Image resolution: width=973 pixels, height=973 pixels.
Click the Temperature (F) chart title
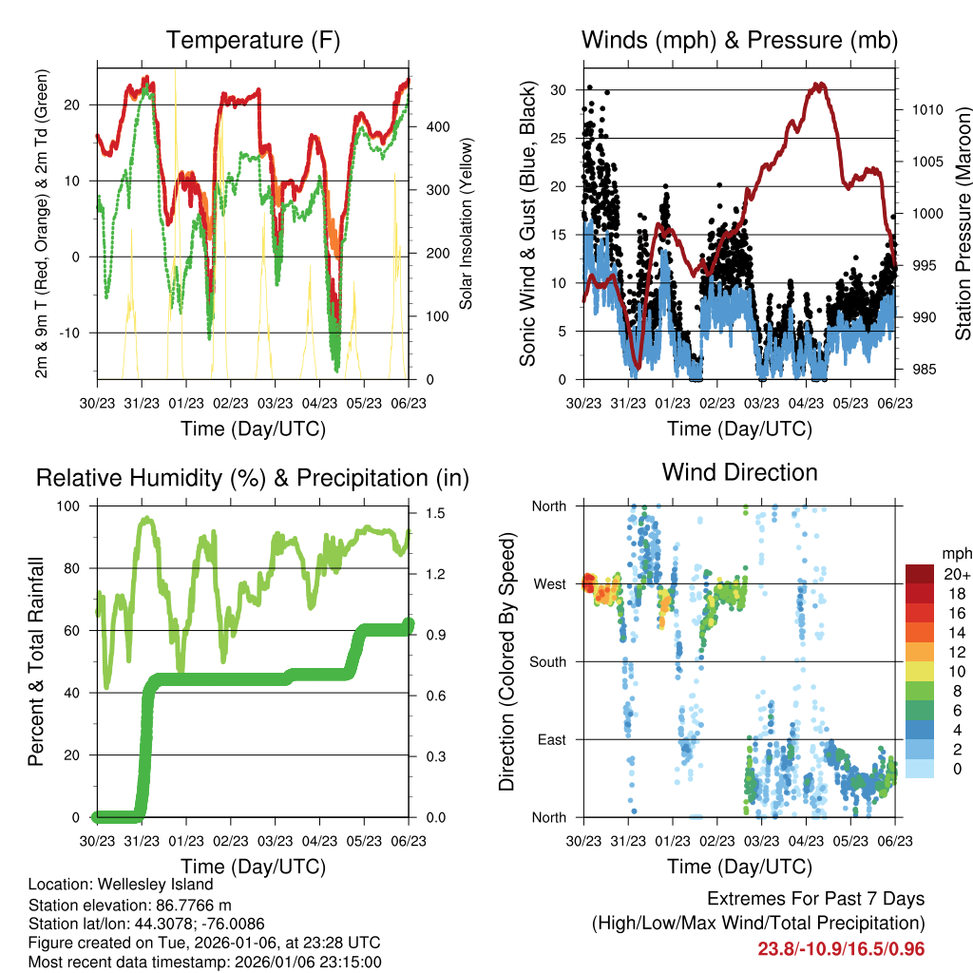(x=253, y=40)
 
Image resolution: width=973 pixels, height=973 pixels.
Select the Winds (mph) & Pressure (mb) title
(x=739, y=40)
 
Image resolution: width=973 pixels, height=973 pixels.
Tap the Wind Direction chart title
(x=739, y=472)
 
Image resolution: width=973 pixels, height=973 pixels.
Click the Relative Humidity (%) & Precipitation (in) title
(x=253, y=478)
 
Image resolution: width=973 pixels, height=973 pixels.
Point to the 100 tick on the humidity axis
(x=74, y=506)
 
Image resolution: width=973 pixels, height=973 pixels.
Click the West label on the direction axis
(x=549, y=583)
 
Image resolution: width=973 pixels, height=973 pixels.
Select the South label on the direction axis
(x=547, y=661)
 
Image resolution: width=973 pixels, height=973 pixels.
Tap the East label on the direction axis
(x=550, y=739)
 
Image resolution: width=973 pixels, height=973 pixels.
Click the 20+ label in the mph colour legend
(x=956, y=574)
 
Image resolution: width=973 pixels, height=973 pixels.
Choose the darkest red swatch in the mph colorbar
(x=919, y=574)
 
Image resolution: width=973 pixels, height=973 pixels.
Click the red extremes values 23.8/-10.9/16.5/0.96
(x=841, y=948)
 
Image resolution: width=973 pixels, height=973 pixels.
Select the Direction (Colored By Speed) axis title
(x=506, y=661)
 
